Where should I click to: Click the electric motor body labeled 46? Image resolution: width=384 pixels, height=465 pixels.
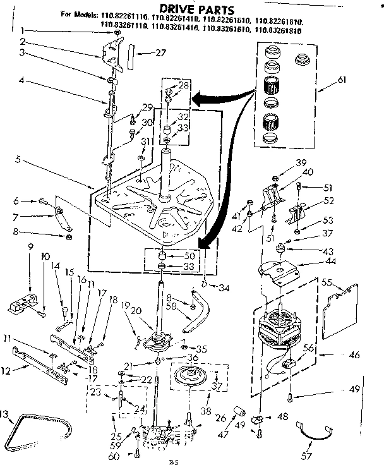click(278, 332)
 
